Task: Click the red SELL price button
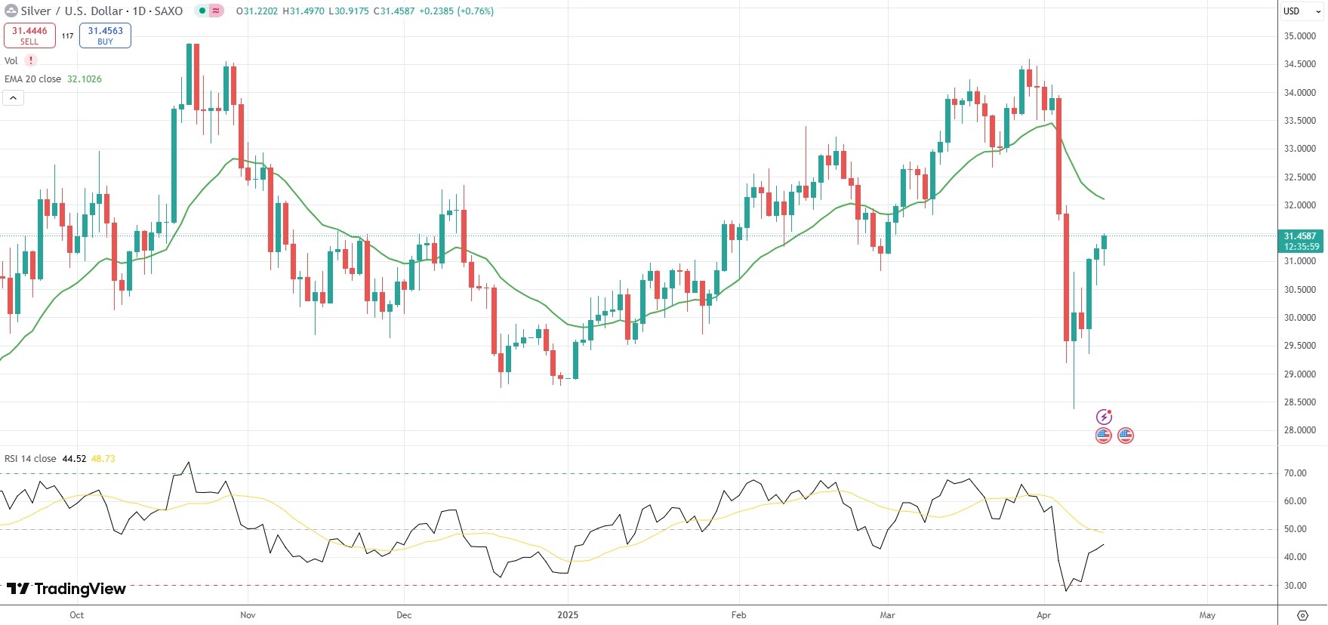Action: point(29,35)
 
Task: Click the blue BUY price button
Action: point(105,35)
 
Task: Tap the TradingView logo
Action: point(66,589)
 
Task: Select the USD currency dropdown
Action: point(1302,11)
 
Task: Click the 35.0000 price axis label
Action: point(1299,36)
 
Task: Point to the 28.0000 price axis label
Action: point(1299,430)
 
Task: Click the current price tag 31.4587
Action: point(1301,236)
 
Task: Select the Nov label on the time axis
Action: point(248,615)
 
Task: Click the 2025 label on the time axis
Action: point(568,615)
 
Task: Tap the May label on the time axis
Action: point(1207,615)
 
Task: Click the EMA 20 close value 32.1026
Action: point(85,79)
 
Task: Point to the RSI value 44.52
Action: point(74,459)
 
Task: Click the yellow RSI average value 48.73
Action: point(103,459)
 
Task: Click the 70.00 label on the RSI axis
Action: point(1295,473)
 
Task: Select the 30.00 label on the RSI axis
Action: point(1295,586)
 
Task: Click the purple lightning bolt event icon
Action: point(1104,417)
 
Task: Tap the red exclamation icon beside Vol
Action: point(31,60)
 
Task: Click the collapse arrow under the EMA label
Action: point(14,97)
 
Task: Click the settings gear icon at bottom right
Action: point(1302,615)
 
